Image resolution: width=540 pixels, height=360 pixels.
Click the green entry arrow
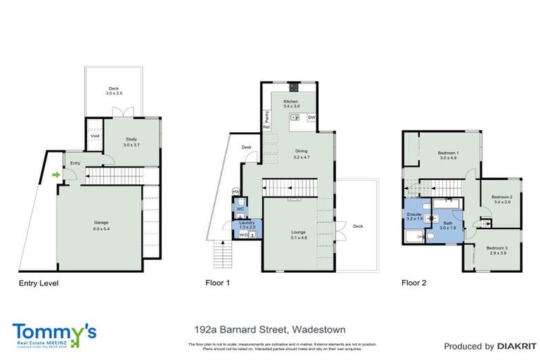coord(56,174)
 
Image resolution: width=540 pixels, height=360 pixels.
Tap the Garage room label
coord(101,226)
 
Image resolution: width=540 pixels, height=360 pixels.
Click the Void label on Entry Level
coord(94,136)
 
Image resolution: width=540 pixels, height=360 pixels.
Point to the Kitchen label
coord(291,105)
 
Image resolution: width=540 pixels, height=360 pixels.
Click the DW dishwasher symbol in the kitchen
coord(311,117)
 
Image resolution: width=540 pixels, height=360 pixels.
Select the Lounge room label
coord(300,234)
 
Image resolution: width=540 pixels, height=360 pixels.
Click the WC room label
coord(240,209)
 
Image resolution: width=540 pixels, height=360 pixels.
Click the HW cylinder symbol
coord(236,192)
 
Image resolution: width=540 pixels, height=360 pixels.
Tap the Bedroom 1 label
coord(448,155)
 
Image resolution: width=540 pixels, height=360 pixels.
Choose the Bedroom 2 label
coord(501,199)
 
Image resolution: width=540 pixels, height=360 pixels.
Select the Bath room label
coord(448,225)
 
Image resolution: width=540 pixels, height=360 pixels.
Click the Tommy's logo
coord(53,333)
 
